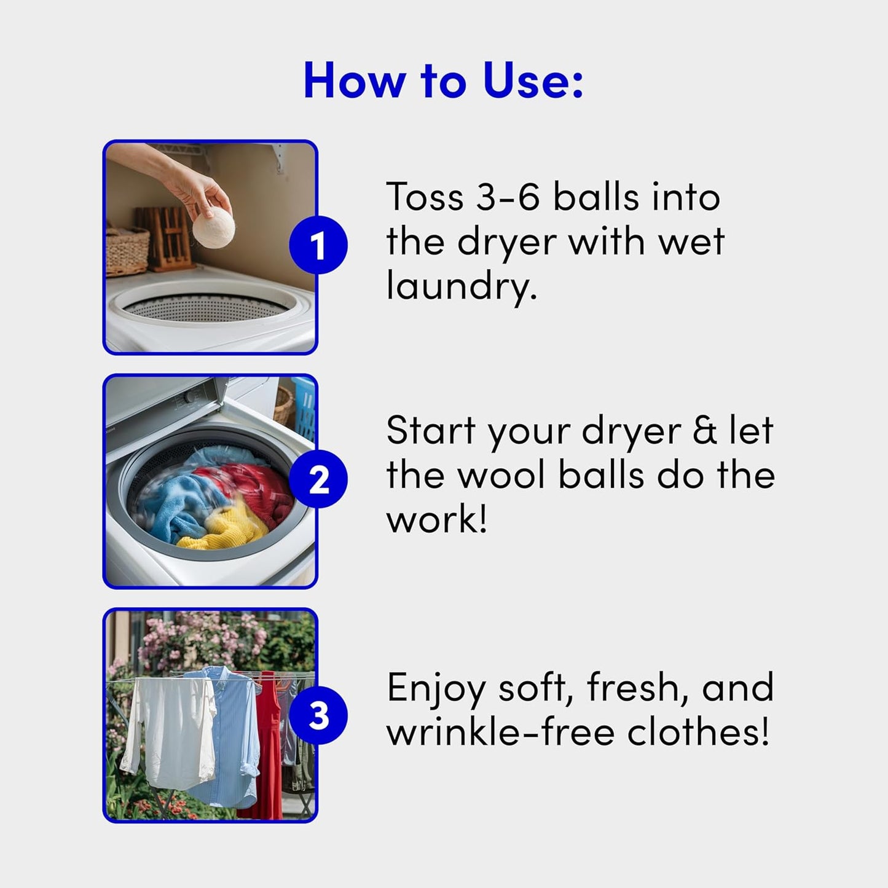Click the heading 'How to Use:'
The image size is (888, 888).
coord(443,81)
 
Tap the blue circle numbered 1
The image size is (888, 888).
coord(318,245)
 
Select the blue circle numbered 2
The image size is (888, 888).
coord(318,479)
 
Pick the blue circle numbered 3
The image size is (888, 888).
coord(318,716)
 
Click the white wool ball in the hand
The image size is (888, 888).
coord(213,227)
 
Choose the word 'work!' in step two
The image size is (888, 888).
coord(436,520)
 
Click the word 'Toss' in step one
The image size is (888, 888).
coord(425,197)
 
